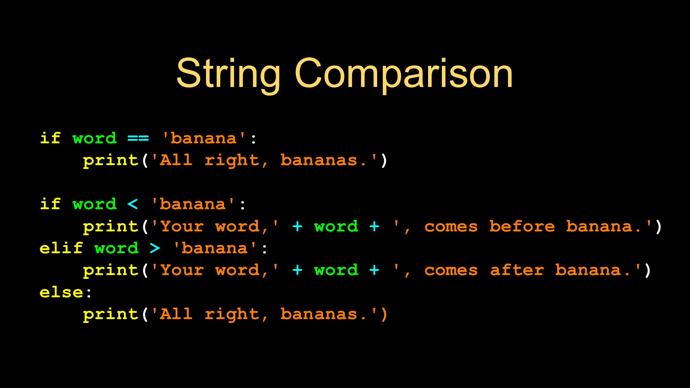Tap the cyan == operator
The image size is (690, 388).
138,138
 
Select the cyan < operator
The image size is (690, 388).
133,204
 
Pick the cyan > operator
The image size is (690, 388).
155,248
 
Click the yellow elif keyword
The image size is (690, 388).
61,248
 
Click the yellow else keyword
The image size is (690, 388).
61,292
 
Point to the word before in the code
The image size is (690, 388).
522,226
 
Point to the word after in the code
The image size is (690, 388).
517,270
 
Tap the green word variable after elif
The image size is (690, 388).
116,248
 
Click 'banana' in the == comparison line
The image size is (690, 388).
204,138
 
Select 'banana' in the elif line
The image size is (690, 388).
215,248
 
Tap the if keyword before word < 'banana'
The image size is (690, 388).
50,204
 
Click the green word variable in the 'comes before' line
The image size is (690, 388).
336,226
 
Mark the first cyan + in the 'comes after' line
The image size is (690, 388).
298,270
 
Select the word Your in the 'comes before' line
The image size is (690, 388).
182,226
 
